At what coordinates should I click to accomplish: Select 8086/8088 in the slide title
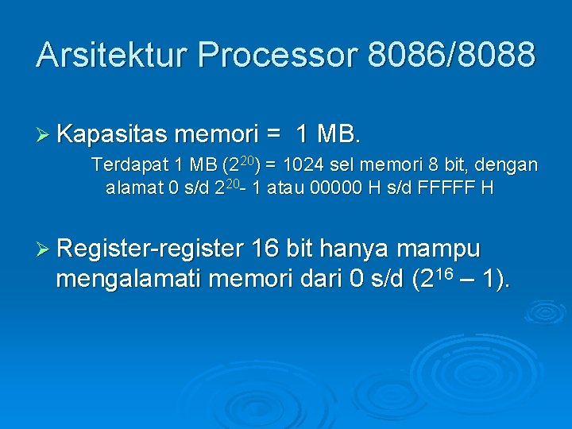(x=452, y=55)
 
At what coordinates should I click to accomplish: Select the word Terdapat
(x=127, y=165)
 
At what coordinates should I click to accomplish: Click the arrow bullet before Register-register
(x=44, y=249)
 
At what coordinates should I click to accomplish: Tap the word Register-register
(x=150, y=249)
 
